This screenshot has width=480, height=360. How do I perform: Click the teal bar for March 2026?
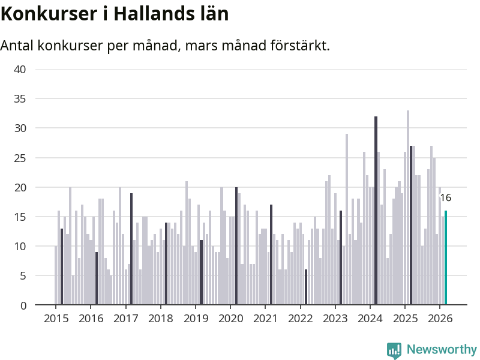446,258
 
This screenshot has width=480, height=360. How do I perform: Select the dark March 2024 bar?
376,211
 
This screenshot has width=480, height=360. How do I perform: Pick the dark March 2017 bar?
131,249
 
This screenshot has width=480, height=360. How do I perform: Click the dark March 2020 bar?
236,246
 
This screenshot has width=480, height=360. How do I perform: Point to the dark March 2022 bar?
306,287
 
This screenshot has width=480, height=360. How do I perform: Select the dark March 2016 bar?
97,278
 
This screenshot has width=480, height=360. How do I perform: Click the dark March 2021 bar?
271,255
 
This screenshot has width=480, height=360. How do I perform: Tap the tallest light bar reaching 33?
408,208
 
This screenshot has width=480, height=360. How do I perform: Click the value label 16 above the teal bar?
445,198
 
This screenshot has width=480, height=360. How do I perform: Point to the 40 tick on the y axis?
20,69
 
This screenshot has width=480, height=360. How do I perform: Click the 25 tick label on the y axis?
20,158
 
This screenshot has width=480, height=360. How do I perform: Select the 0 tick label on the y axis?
23,305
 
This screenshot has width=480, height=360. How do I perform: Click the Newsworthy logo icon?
394,350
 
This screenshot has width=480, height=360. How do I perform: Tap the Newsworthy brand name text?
442,350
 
